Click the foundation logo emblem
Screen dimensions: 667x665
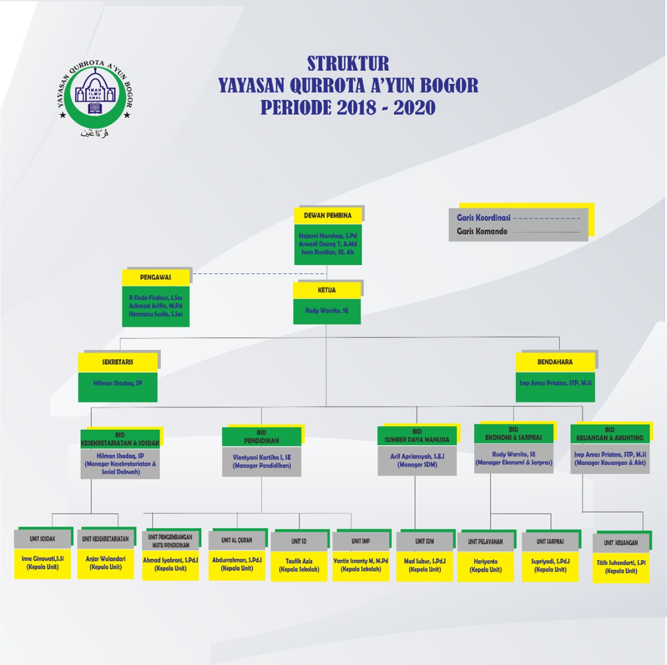point(95,97)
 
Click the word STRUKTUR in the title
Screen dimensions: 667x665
point(348,64)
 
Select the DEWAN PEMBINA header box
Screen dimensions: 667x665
point(328,216)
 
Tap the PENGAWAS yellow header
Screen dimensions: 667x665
point(155,278)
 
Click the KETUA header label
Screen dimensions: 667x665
point(326,290)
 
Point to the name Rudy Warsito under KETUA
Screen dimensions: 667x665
point(326,311)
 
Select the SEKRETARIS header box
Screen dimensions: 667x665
point(118,362)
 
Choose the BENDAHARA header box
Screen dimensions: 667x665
point(555,362)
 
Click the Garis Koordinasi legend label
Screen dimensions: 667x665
point(483,218)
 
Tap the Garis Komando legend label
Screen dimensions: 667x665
point(482,231)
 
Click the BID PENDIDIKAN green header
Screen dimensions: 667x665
point(261,436)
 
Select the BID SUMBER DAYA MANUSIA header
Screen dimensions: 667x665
point(417,436)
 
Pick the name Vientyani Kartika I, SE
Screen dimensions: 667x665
point(261,457)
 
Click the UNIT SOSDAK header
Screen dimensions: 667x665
point(42,539)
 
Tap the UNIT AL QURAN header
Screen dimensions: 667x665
point(236,541)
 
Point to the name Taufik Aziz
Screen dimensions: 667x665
point(299,561)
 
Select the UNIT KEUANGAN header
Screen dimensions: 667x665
point(621,543)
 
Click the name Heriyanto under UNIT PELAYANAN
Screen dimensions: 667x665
point(485,562)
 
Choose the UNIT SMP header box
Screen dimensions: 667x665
point(360,542)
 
